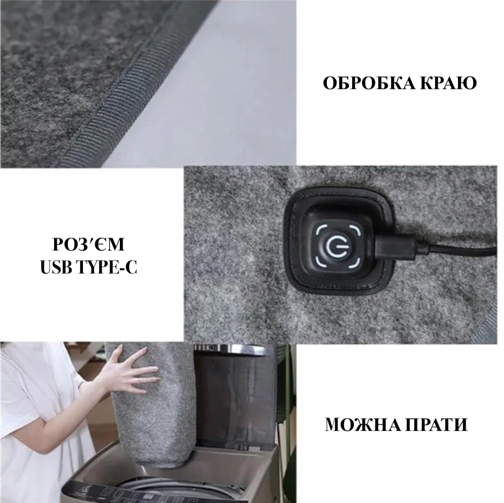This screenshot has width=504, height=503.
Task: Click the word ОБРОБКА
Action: coord(368,83)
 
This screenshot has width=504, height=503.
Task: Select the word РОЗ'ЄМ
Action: coord(88,244)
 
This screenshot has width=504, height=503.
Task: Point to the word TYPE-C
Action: coord(108,267)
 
